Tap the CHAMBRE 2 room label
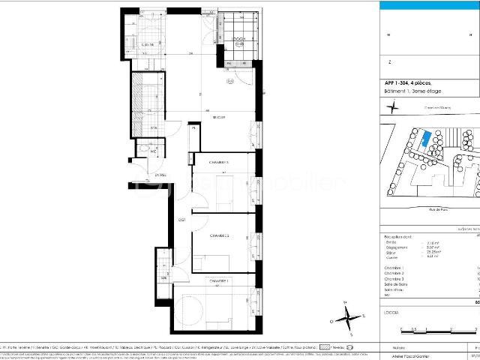click(219, 235)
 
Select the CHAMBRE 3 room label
click(219, 162)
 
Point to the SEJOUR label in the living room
click(219, 118)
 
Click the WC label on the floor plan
click(153, 151)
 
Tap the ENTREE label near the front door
click(160, 175)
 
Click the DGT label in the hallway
click(181, 219)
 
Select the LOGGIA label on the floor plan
click(238, 38)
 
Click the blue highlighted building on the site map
click(424, 140)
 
